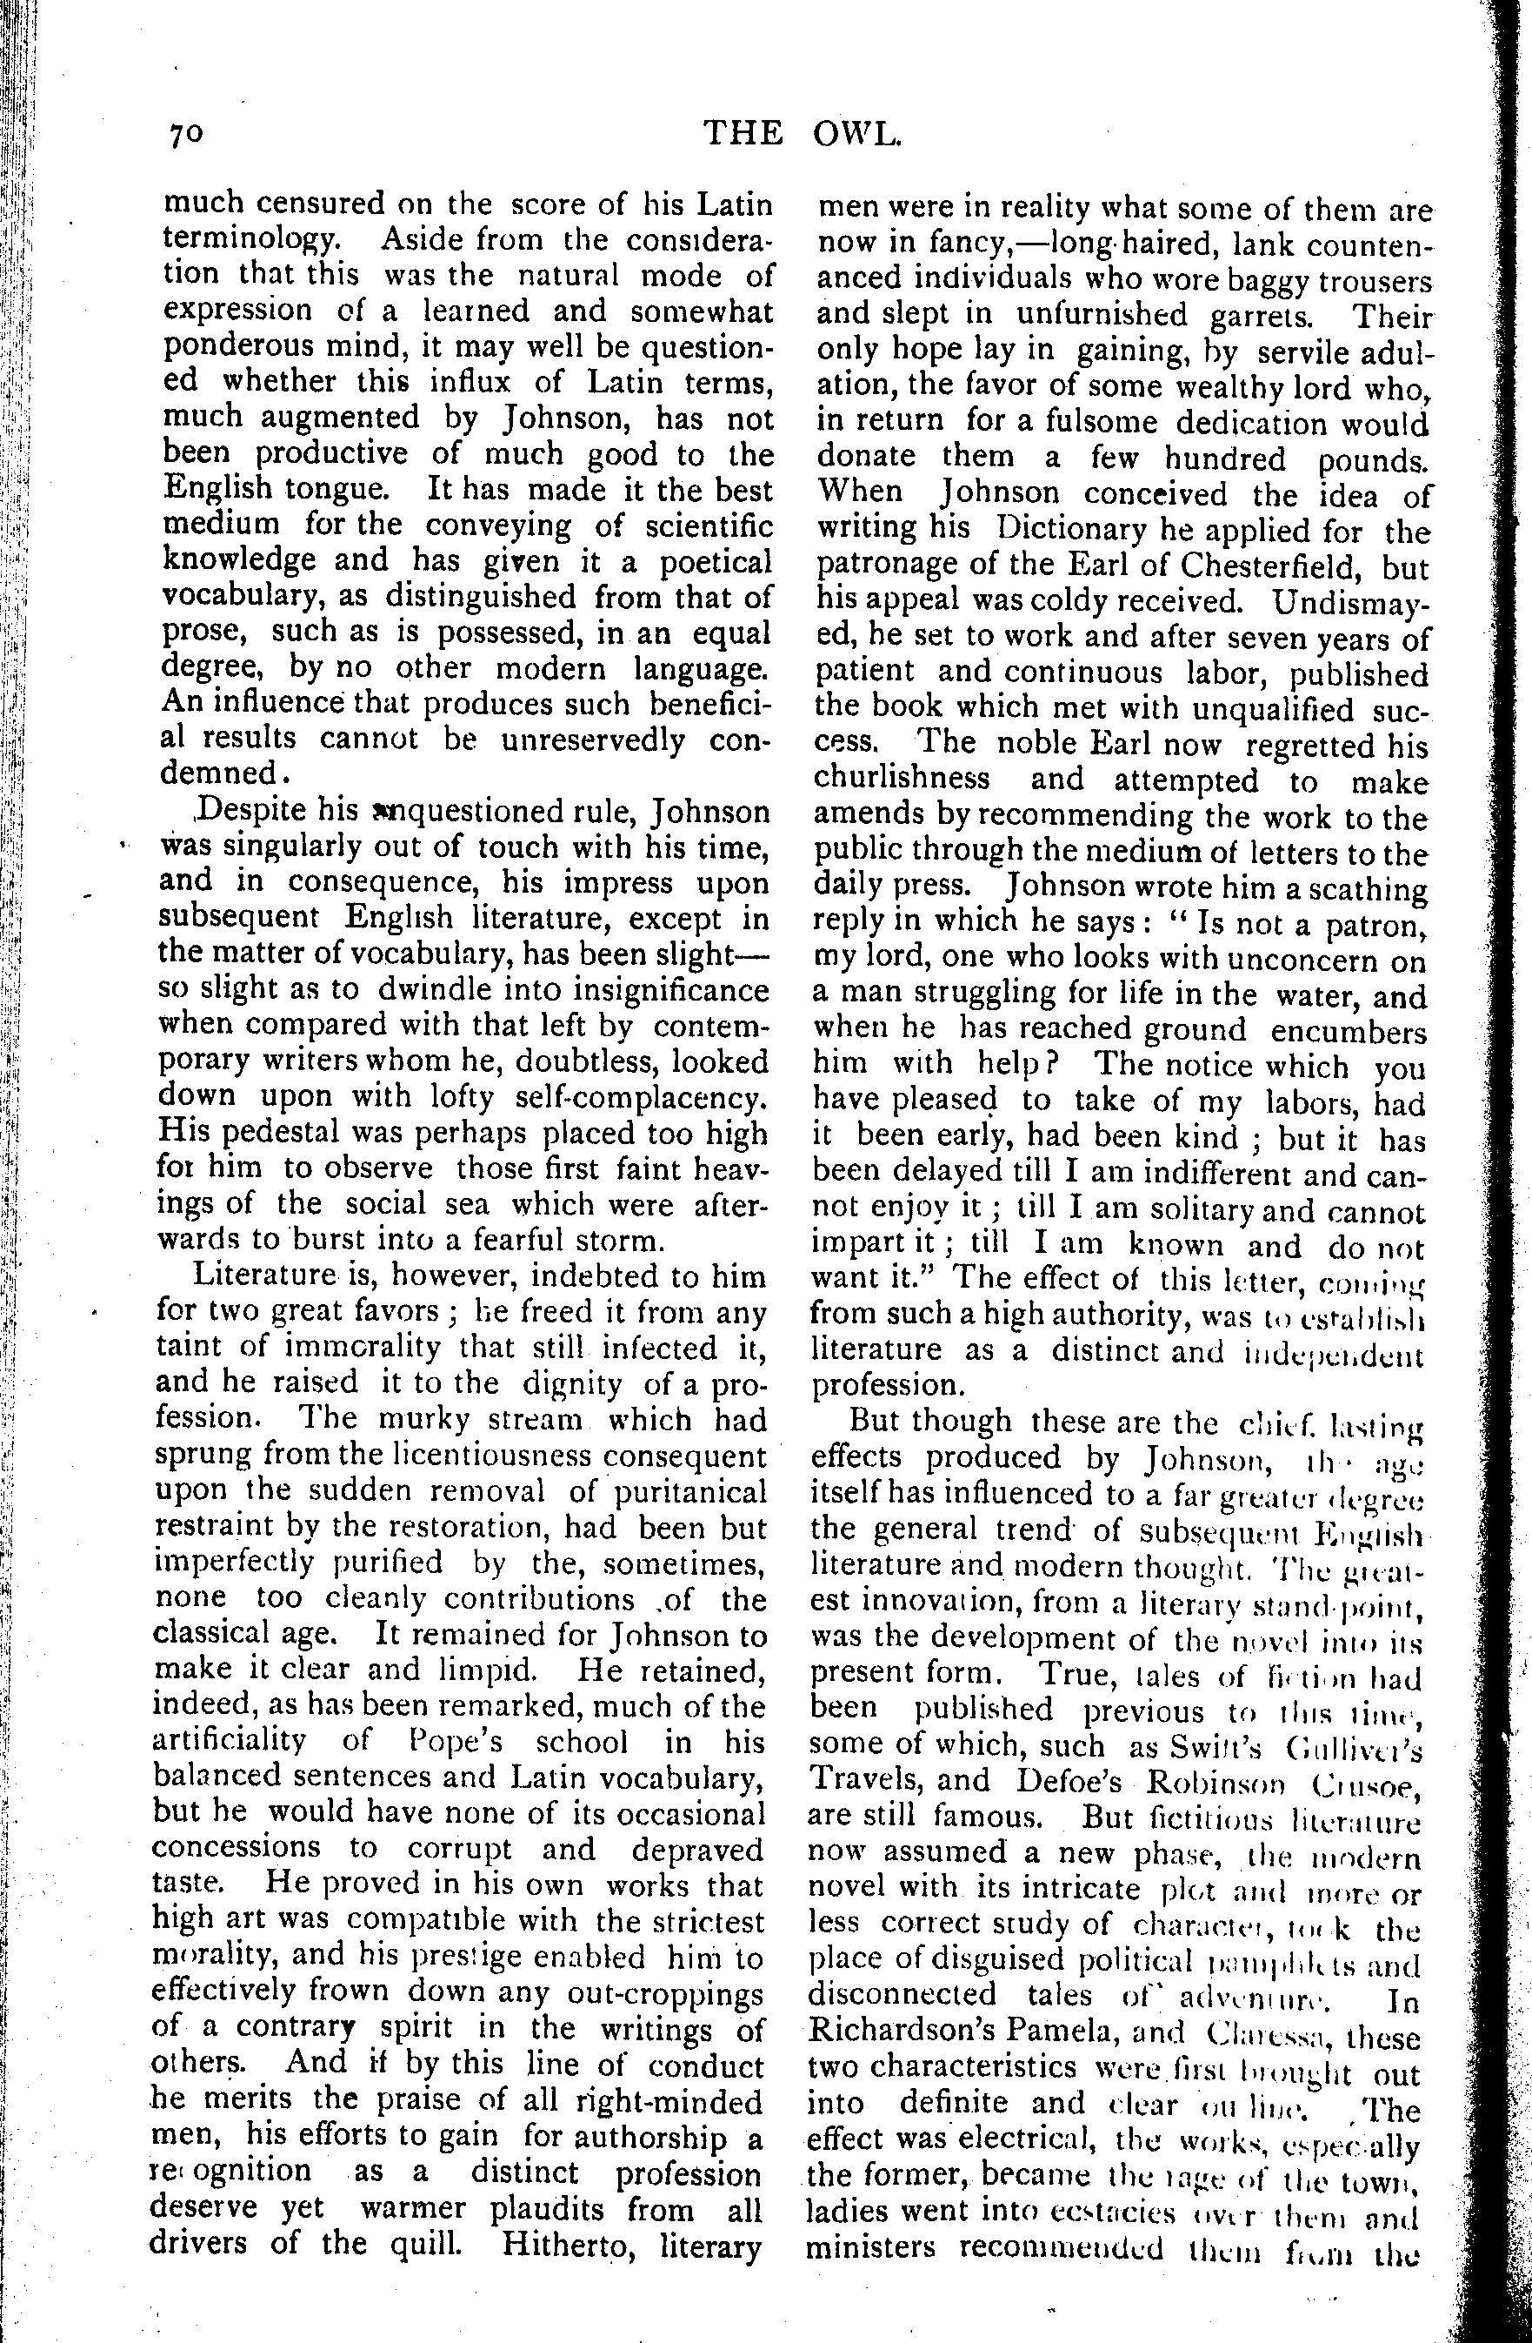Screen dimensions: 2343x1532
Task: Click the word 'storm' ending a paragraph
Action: (x=619, y=1240)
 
